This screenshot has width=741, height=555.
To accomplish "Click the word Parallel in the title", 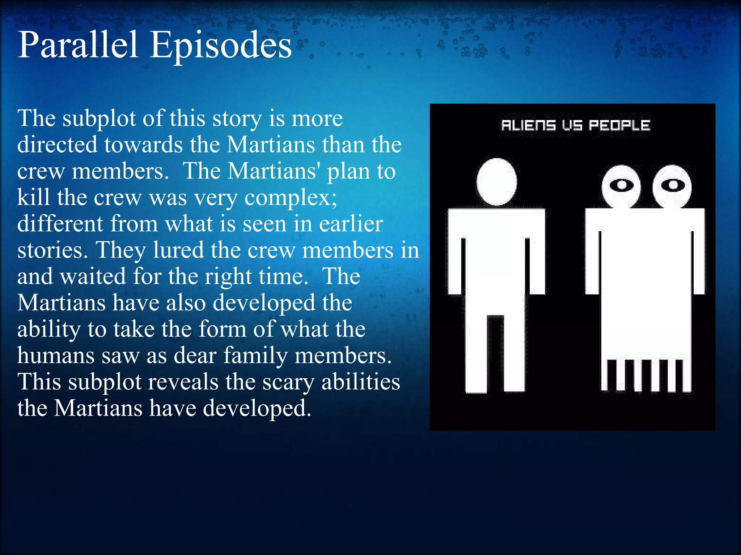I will [x=78, y=45].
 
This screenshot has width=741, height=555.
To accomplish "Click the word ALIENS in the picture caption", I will [x=528, y=125].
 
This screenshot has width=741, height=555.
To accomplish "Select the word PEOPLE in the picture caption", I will [x=619, y=125].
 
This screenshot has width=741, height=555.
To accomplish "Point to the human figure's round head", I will [x=496, y=182].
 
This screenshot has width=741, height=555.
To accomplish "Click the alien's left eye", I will [x=621, y=185].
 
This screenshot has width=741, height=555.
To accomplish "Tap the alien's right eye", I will [x=673, y=185].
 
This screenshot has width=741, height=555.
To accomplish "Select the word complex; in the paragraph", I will [x=291, y=198].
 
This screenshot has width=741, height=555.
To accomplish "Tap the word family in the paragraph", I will [x=255, y=356].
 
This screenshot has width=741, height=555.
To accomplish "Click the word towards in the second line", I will [x=144, y=145].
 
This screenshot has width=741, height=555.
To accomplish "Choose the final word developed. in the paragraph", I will [x=257, y=409].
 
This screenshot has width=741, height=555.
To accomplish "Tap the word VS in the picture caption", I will [x=572, y=125].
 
